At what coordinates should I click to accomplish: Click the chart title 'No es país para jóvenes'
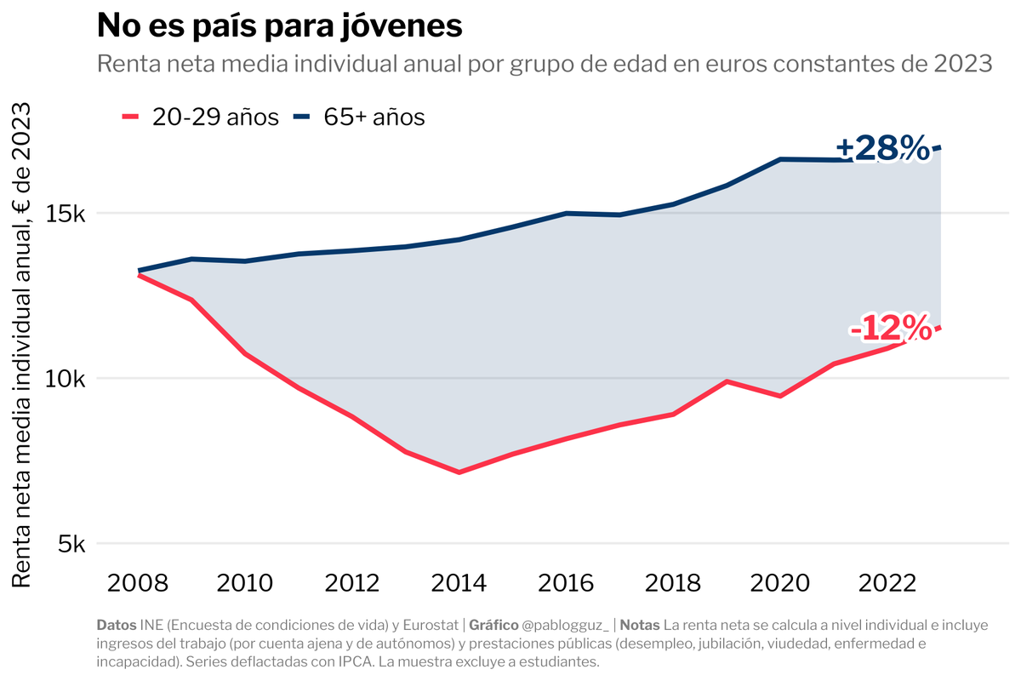(x=280, y=26)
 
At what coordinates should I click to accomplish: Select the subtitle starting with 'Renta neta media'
(x=545, y=65)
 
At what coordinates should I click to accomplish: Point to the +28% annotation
(x=882, y=148)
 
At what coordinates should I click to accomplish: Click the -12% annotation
(x=890, y=328)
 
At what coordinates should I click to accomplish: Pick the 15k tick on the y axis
(x=66, y=214)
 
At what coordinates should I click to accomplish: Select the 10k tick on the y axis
(x=66, y=379)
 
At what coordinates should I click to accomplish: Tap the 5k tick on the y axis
(x=71, y=544)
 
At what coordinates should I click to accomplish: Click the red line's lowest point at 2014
(x=459, y=472)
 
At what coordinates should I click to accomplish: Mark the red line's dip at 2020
(x=780, y=396)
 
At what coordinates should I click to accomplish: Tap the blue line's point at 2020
(x=780, y=159)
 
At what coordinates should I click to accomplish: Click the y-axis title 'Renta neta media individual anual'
(x=24, y=344)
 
